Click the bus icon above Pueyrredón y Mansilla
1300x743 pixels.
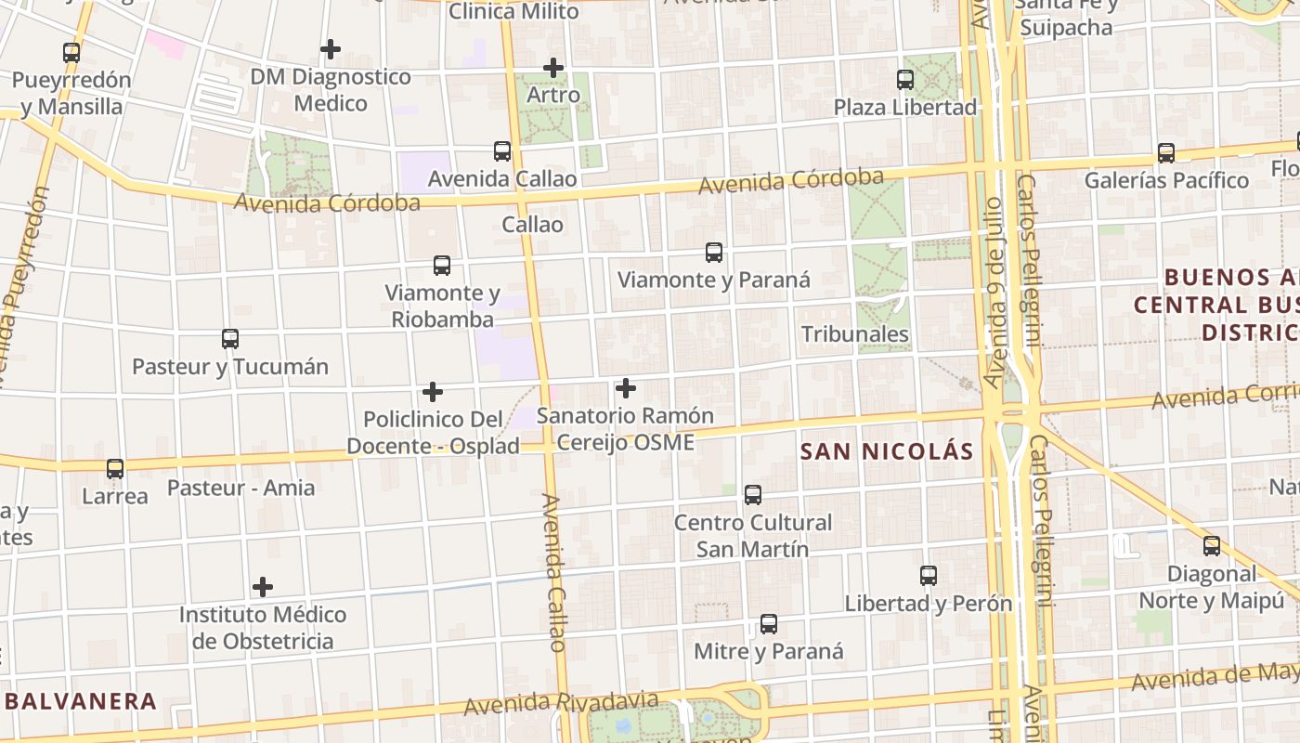click(71, 53)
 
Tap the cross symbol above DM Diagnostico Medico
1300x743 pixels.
click(330, 49)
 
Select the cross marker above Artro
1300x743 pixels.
click(553, 68)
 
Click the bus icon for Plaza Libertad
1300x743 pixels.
click(905, 80)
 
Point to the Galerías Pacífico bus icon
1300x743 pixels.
click(1166, 153)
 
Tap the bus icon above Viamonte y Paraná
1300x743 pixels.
click(714, 253)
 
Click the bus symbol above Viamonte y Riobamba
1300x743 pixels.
click(442, 266)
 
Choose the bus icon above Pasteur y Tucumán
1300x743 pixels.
click(230, 339)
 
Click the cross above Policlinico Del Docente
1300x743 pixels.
click(432, 392)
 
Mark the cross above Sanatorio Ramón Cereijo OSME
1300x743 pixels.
click(626, 388)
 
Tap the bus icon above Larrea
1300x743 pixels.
click(115, 469)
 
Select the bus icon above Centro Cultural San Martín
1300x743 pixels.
click(753, 495)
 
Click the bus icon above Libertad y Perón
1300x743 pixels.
click(929, 576)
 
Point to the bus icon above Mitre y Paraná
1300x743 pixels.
click(769, 624)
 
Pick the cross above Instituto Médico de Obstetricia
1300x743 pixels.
click(263, 587)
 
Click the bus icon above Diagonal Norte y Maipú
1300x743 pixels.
click(1212, 546)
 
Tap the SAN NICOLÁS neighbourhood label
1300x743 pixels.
click(887, 452)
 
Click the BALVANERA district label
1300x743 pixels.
click(81, 701)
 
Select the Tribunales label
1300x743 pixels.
click(854, 334)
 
